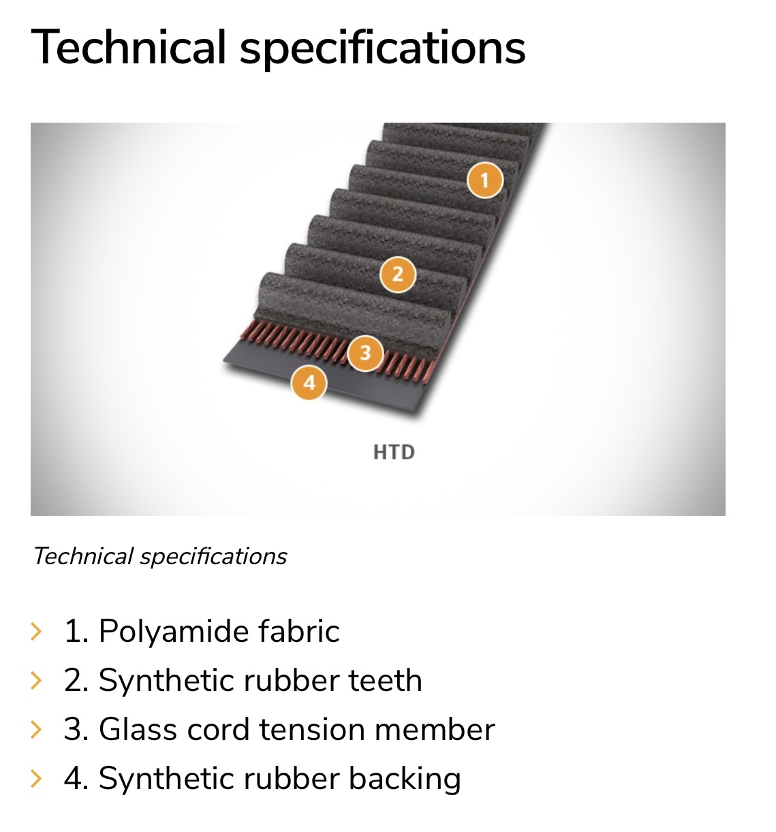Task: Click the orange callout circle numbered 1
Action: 485,181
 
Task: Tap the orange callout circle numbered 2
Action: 397,275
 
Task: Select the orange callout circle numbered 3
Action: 366,353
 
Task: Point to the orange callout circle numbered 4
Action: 309,382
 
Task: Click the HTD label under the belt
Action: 394,452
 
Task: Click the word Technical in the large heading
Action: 128,48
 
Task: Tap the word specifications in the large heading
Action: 382,48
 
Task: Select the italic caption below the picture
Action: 160,557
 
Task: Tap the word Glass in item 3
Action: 137,730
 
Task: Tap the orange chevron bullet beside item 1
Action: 37,632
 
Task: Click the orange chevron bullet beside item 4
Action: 37,779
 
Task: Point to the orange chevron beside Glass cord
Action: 37,730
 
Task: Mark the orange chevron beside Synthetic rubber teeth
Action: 37,681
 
